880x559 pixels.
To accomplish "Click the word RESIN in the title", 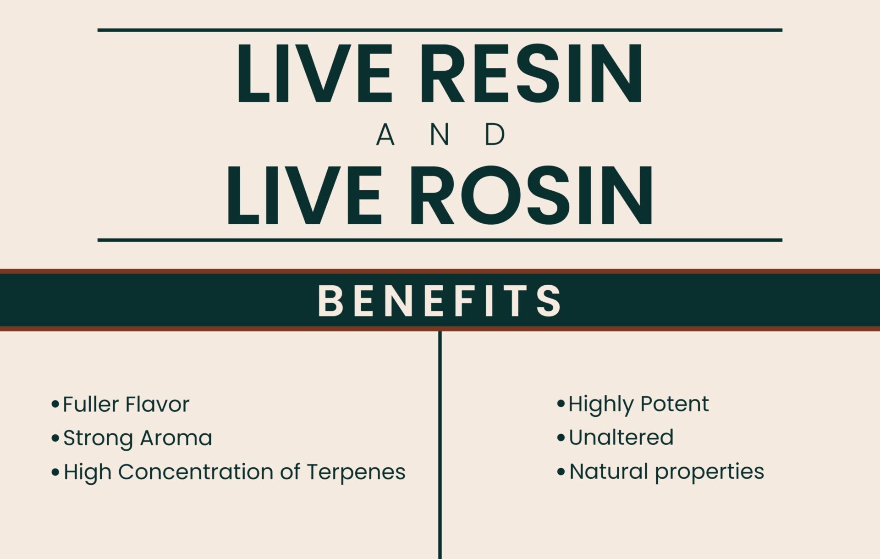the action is pyautogui.click(x=532, y=73).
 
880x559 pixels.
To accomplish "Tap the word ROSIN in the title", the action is pyautogui.click(x=531, y=196).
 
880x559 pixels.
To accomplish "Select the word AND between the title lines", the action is pyautogui.click(x=440, y=135).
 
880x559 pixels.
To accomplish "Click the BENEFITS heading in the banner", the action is pyautogui.click(x=440, y=301).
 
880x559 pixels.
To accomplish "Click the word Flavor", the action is pyautogui.click(x=157, y=404).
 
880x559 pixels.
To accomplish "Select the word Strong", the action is pyautogui.click(x=98, y=438).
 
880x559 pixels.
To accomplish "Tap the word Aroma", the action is pyautogui.click(x=176, y=438).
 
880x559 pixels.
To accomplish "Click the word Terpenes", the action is pyautogui.click(x=356, y=473).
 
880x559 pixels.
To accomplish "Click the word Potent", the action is pyautogui.click(x=675, y=404).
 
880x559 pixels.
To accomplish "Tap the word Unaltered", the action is pyautogui.click(x=621, y=437).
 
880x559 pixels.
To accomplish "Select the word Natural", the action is pyautogui.click(x=609, y=471).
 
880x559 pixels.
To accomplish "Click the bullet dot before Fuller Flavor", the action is pyautogui.click(x=55, y=404).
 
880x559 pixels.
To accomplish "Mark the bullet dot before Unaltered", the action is pyautogui.click(x=561, y=437).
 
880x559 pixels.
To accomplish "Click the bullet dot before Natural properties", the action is pyautogui.click(x=561, y=471).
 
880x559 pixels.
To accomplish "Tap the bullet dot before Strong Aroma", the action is pyautogui.click(x=55, y=438).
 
